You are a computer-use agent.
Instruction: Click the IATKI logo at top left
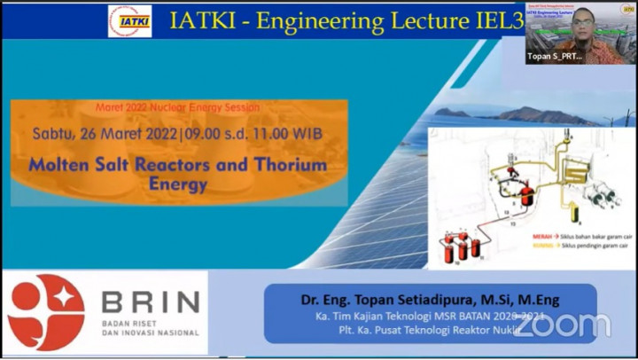click(129, 20)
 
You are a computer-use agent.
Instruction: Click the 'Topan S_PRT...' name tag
click(556, 56)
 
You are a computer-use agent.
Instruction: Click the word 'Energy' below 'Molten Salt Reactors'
click(177, 184)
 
